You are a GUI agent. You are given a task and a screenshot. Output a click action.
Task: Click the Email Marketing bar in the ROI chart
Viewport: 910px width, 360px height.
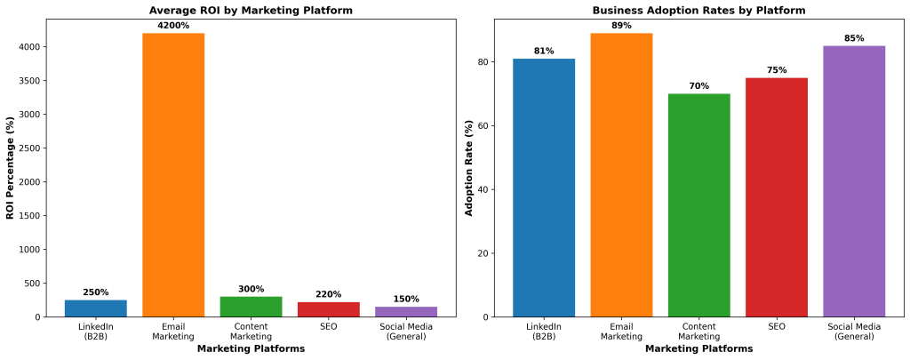(x=173, y=174)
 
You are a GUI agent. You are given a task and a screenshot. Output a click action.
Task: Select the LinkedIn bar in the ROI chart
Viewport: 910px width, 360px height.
(x=96, y=308)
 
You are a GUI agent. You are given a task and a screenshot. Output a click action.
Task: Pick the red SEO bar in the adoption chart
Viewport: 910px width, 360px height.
(x=776, y=197)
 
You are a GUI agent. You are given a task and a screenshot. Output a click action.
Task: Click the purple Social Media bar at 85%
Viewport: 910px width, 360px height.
(x=853, y=181)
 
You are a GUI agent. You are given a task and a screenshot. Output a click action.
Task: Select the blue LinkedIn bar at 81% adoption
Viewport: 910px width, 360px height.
(x=544, y=188)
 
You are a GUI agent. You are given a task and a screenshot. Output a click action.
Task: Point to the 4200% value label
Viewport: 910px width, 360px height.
(x=173, y=26)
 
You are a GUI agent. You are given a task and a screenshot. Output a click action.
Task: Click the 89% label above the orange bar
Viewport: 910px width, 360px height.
(x=621, y=26)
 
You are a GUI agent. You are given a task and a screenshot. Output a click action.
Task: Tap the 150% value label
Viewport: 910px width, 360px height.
(x=406, y=299)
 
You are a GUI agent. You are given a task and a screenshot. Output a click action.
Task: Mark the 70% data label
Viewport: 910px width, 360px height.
(x=698, y=86)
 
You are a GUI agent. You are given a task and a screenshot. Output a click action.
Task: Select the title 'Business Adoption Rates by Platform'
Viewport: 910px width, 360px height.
(x=698, y=11)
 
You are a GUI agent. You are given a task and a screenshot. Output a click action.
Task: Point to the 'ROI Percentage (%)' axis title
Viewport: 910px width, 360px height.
(x=11, y=169)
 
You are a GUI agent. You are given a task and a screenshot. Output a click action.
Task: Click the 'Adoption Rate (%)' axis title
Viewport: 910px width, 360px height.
(x=470, y=169)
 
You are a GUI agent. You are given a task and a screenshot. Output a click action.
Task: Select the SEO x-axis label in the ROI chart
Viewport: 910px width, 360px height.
(x=329, y=327)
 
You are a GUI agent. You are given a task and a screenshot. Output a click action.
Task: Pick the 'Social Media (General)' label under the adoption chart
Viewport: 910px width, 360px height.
(x=853, y=332)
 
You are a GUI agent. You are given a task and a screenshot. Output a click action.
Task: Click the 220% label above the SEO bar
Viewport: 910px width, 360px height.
(x=329, y=294)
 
